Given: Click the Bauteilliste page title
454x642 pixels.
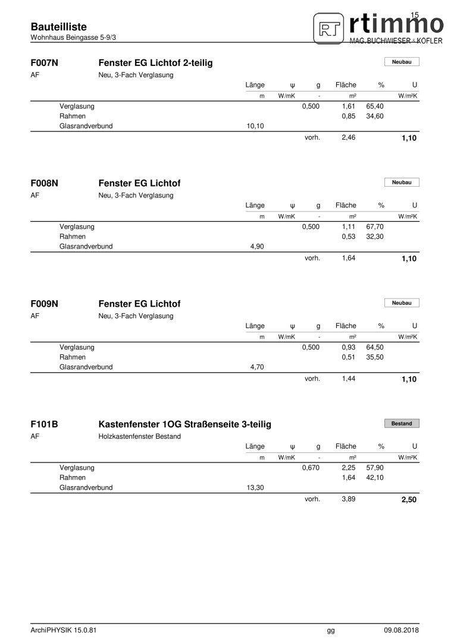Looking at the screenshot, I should [58, 27].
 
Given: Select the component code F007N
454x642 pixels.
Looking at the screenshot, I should [44, 62].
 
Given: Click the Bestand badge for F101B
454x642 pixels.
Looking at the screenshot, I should [402, 424].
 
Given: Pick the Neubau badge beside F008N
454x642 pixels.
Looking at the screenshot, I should [402, 182].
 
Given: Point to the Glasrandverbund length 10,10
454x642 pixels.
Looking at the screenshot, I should [255, 126].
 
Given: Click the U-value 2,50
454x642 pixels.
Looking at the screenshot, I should [409, 500].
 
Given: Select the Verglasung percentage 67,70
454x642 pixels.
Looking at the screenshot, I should [375, 227].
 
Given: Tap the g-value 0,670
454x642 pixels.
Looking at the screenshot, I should [311, 468].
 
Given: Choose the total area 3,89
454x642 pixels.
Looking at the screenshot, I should [348, 499].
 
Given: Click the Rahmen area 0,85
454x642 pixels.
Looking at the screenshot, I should [348, 117].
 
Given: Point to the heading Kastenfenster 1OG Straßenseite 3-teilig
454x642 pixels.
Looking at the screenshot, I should [184, 424].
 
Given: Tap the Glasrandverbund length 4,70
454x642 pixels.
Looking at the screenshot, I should [255, 367].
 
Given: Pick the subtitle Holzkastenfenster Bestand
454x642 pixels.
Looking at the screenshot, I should [139, 436].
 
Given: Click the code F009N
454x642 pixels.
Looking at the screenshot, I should [44, 304].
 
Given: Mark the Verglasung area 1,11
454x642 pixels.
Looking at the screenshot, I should [348, 227].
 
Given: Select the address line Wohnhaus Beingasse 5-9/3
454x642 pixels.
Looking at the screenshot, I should [73, 37].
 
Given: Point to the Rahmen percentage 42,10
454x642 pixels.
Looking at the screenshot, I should [375, 477].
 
